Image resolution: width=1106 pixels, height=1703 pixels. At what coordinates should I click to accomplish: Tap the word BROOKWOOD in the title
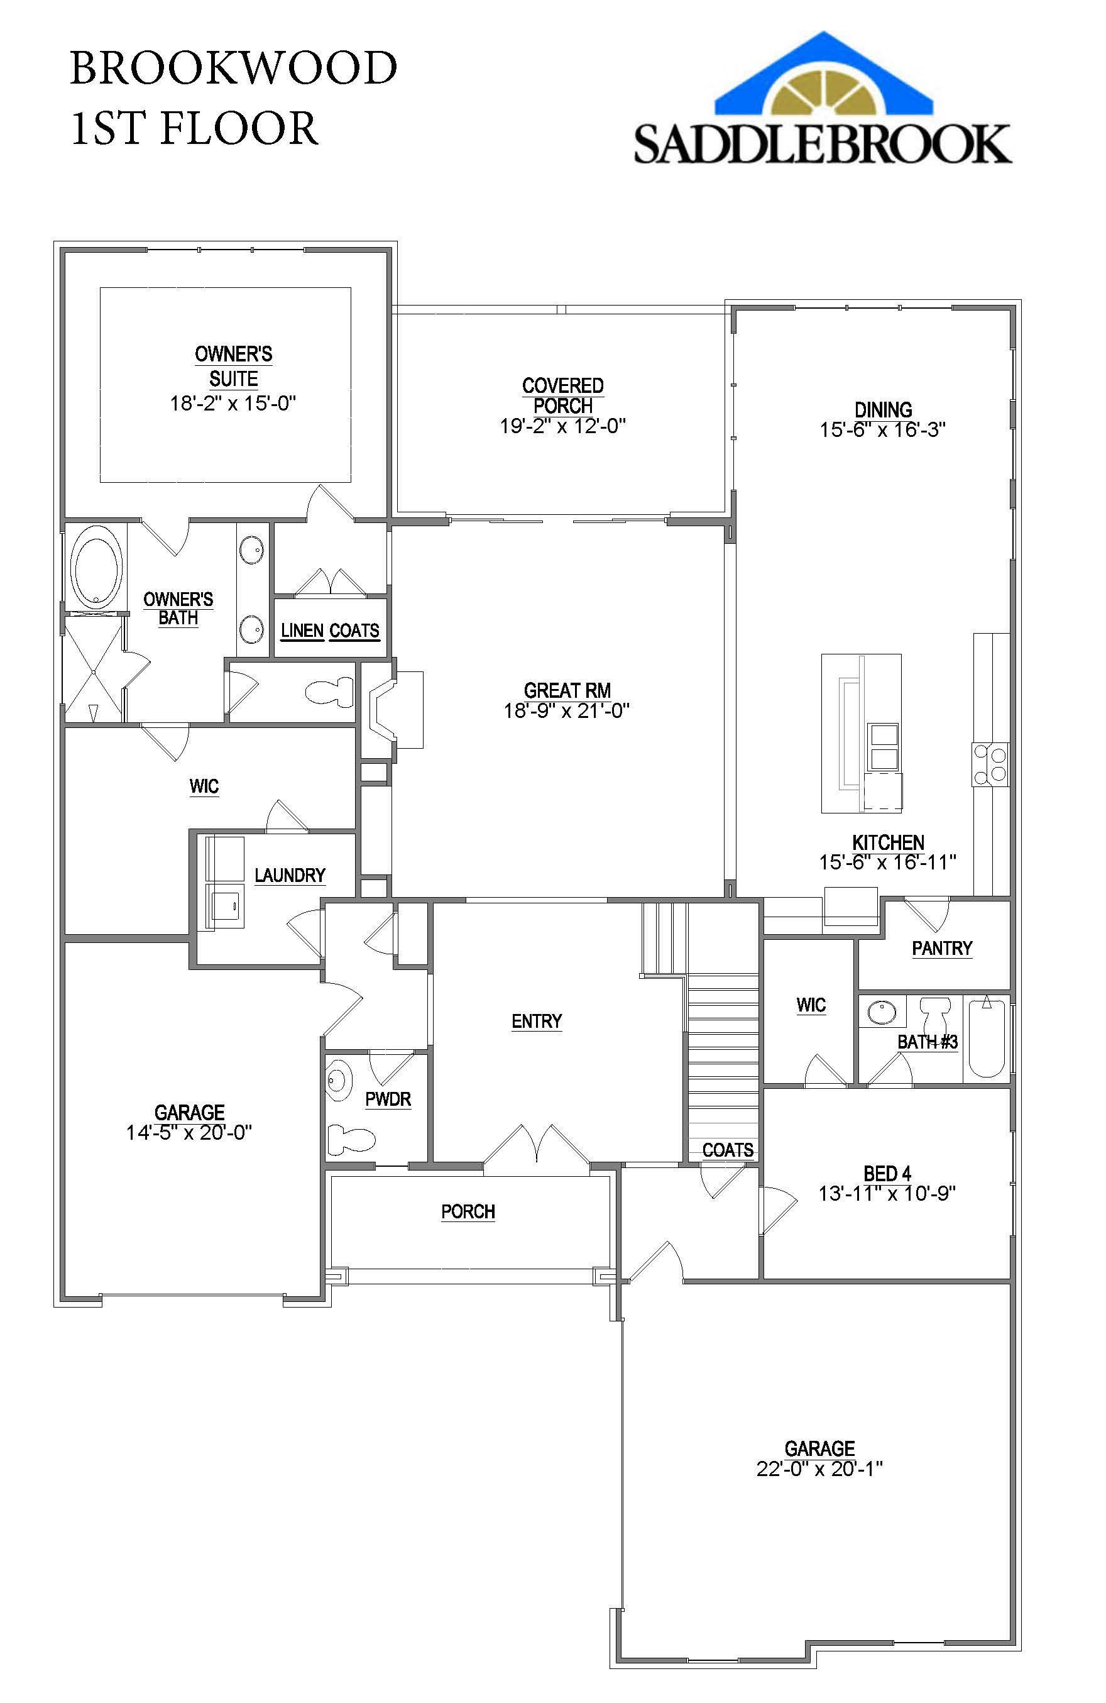coord(233,68)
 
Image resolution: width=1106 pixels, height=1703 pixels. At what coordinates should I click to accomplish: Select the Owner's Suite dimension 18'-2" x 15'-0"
coord(233,404)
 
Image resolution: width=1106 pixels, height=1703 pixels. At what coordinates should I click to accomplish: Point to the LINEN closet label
coord(302,631)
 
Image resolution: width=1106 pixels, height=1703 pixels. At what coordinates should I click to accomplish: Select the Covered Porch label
coord(563,395)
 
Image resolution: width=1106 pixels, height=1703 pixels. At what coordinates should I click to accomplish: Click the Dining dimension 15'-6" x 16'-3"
coord(883,429)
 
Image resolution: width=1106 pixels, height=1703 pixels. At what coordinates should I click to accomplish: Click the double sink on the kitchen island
coord(882,746)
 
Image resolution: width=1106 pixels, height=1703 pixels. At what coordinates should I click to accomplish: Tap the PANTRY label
coord(942,948)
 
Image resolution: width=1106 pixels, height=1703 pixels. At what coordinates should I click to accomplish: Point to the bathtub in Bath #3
coord(987,1039)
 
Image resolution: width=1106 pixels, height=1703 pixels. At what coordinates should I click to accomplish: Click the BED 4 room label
coord(887,1174)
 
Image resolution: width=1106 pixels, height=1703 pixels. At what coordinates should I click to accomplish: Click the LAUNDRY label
coord(290,875)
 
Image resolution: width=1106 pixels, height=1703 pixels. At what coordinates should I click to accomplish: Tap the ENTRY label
coord(537,1021)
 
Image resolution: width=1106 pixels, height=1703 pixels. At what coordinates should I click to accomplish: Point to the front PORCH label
coord(468,1211)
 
